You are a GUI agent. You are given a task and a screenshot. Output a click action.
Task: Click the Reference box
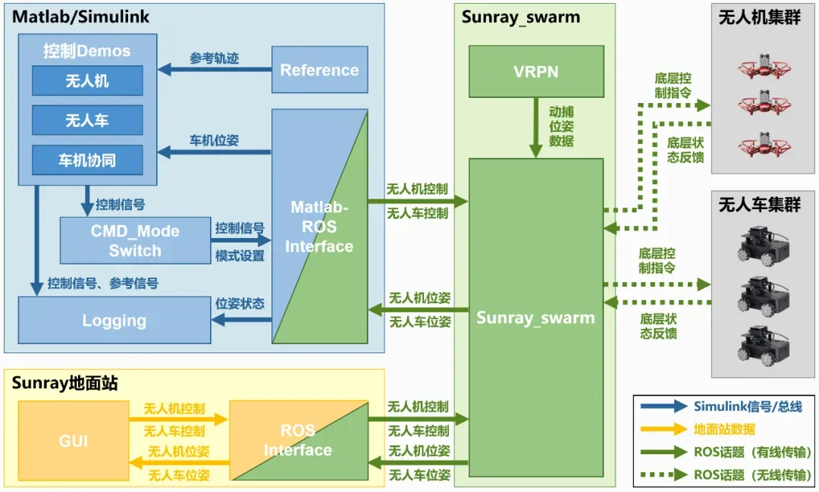(x=319, y=71)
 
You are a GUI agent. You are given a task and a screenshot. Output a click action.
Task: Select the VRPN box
(x=536, y=72)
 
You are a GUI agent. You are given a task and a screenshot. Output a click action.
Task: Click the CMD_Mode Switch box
(x=135, y=240)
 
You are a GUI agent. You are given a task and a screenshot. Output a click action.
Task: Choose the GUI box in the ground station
(x=74, y=440)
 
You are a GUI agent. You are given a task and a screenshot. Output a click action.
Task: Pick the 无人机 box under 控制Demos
(x=87, y=81)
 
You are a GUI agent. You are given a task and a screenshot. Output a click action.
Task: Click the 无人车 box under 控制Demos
(x=87, y=121)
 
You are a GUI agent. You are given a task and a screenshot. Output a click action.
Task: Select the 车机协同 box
(x=87, y=160)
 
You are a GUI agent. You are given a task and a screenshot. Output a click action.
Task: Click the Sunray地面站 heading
(x=65, y=383)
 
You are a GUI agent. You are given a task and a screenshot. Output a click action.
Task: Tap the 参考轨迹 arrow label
(x=214, y=58)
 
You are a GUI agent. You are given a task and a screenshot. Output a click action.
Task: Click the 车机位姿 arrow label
(x=214, y=141)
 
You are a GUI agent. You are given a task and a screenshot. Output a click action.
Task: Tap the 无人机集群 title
(x=759, y=17)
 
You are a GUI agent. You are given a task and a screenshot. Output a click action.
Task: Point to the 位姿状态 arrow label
(x=240, y=304)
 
